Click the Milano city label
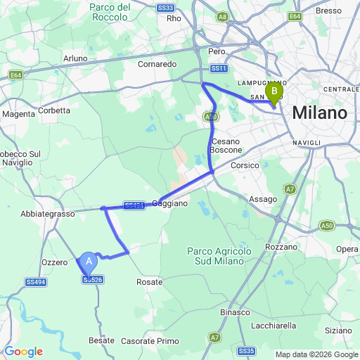coord(320,113)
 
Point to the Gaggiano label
coord(170,203)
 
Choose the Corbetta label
coord(55,110)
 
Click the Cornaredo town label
coord(157,63)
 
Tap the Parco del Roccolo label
coord(110,12)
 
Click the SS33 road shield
coord(166,7)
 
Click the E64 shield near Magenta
coord(15,75)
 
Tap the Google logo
coord(23,352)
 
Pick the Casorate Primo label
coord(149,341)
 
